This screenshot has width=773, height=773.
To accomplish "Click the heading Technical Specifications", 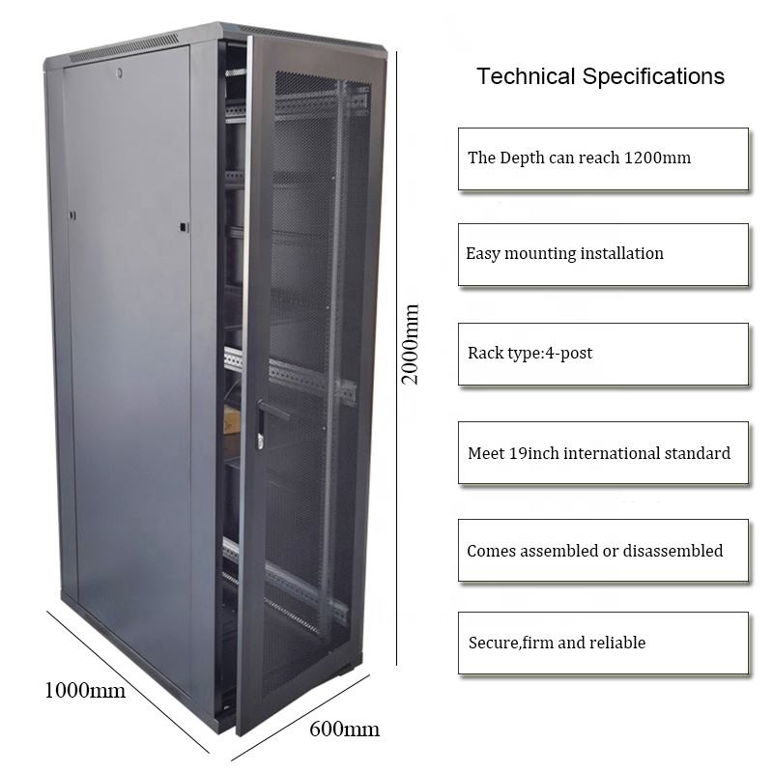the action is tap(600, 77).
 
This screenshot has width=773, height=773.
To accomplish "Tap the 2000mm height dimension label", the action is tap(411, 344).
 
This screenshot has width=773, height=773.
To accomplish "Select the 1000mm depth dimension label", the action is tap(85, 690).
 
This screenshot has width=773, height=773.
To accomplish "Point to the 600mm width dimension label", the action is tap(344, 729).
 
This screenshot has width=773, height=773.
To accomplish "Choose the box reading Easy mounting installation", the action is tap(603, 254).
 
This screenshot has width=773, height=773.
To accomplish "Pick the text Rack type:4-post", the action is tap(530, 353).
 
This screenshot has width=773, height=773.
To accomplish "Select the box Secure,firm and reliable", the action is tap(603, 643).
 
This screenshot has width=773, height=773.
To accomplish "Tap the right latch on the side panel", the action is tap(183, 227).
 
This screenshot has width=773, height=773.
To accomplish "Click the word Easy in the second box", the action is tap(482, 254).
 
